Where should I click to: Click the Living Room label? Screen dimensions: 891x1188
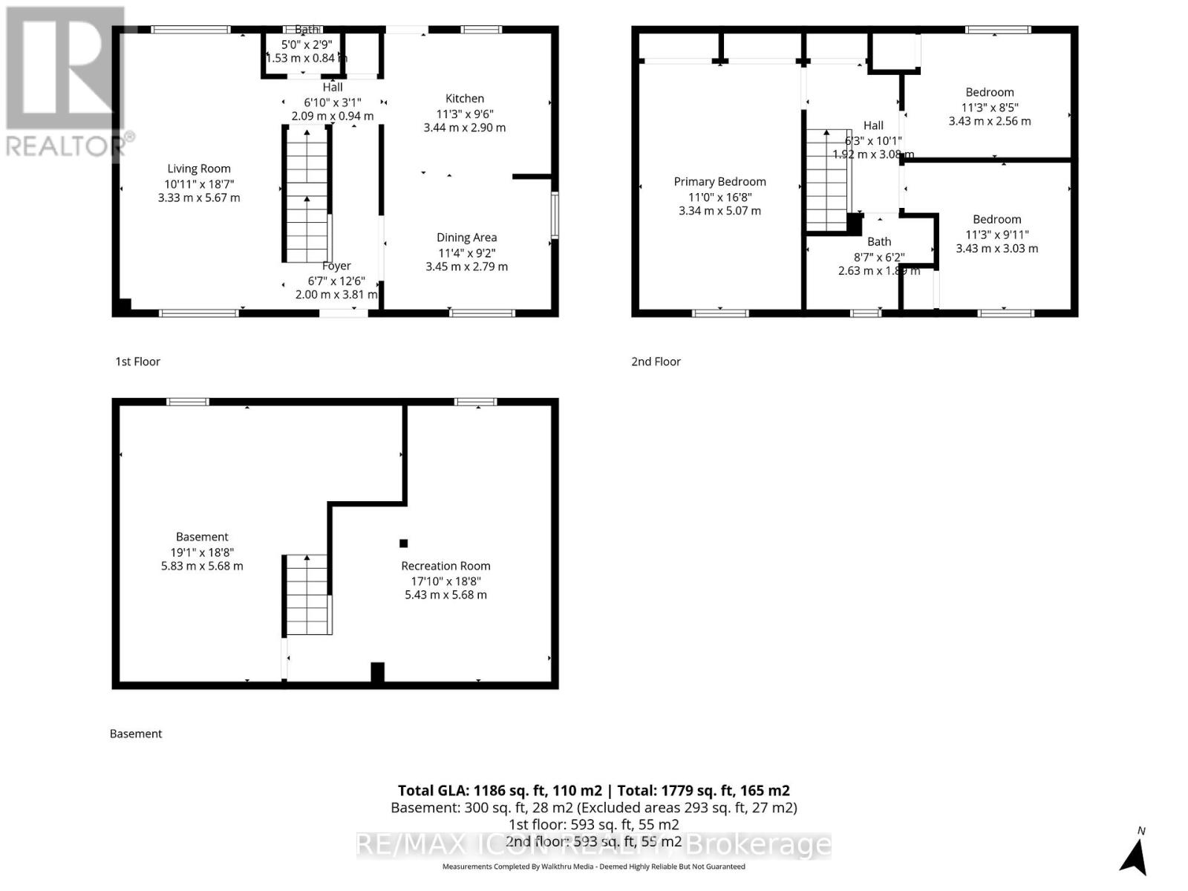[x=198, y=169]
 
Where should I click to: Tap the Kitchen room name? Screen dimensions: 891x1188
[x=465, y=99]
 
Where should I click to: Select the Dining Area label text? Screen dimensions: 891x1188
[x=466, y=238]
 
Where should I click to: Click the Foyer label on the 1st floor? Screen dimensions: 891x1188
[x=336, y=266]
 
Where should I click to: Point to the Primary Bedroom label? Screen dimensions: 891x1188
[x=719, y=182]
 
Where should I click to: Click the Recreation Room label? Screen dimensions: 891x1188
[x=446, y=566]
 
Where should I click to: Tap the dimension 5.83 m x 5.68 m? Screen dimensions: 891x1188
[x=202, y=566]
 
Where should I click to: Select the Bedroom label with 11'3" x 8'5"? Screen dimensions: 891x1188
[x=989, y=93]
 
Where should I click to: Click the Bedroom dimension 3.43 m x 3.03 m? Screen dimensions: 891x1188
[x=996, y=249]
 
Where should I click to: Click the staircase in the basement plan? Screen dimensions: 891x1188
[x=307, y=595]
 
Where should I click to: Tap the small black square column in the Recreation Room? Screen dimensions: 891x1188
[x=404, y=544]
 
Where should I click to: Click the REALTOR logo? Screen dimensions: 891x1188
[x=65, y=82]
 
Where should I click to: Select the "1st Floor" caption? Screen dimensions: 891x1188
[x=137, y=362]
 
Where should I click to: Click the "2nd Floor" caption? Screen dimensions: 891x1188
[x=656, y=362]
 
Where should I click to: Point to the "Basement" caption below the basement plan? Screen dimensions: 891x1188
[x=136, y=734]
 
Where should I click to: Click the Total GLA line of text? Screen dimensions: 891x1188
[x=593, y=791]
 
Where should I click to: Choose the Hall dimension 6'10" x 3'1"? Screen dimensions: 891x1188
[x=333, y=102]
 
